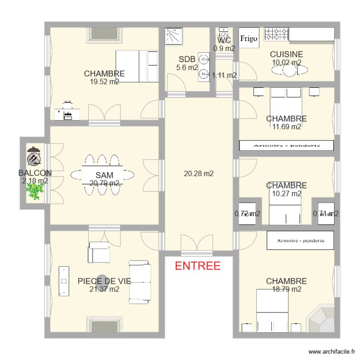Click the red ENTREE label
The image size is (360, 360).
point(198,266)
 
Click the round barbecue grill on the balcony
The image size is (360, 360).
point(33,156)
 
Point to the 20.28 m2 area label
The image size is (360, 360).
point(199,174)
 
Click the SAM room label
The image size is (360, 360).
point(104,175)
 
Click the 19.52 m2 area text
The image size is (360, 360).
point(104,82)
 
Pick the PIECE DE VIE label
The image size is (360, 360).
point(104,281)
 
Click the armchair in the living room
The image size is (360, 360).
point(99,252)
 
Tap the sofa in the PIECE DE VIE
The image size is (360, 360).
point(140,282)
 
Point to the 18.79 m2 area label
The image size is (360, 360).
point(286,289)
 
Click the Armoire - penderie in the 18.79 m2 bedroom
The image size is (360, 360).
point(300,240)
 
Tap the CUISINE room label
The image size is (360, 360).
point(286,54)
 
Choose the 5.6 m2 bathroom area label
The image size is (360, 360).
point(187,68)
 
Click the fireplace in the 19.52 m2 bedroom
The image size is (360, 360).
point(103,34)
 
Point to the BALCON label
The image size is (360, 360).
point(35,173)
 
